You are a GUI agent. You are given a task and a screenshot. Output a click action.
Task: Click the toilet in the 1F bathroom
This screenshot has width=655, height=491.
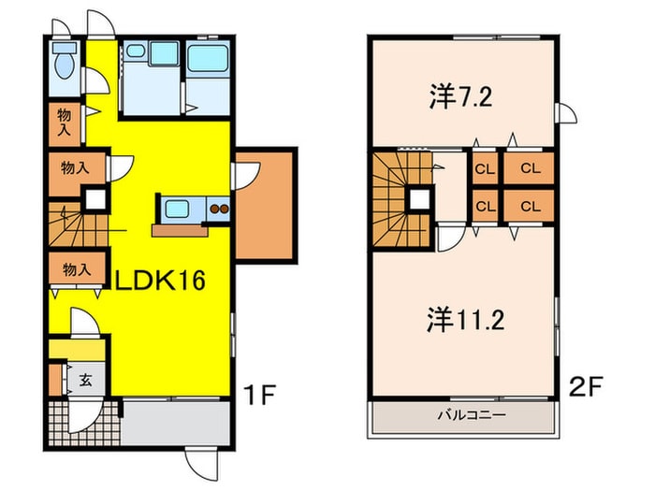tap(64, 64)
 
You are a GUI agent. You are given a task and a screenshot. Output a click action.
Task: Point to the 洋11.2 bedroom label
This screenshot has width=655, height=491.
tap(468, 321)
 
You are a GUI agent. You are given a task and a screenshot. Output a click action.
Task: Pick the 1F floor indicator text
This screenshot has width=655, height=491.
tap(261, 395)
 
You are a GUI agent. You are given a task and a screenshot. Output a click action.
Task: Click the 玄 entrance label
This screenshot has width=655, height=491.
tap(84, 380)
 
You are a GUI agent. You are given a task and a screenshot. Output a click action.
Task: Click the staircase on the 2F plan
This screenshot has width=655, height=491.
tap(398, 198)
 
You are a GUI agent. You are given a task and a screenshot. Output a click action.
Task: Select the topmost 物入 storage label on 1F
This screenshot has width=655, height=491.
tap(63, 122)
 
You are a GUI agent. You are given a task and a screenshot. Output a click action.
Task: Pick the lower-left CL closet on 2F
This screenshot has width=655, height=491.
tap(484, 206)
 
